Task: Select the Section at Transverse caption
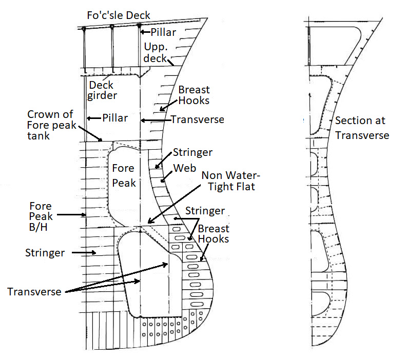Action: click(362, 128)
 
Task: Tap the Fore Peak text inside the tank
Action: click(123, 175)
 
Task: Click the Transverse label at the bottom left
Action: click(34, 291)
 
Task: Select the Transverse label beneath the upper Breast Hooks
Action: click(197, 119)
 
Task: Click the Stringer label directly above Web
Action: click(192, 152)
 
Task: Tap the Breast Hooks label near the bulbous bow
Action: click(214, 233)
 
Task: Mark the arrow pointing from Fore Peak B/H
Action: click(70, 215)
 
